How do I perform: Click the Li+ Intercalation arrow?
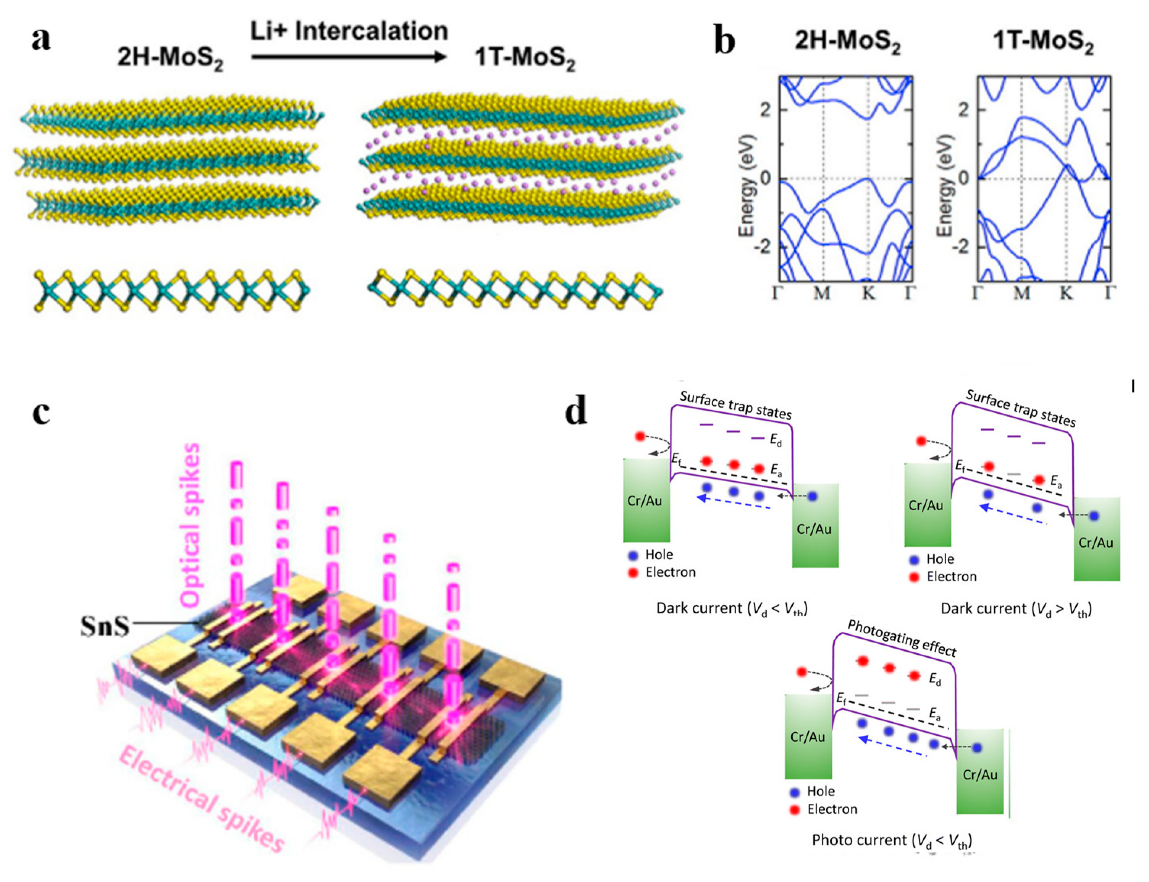[x=349, y=57]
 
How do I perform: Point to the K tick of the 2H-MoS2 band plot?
[x=869, y=293]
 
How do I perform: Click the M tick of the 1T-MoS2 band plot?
[x=1021, y=293]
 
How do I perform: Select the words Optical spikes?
[x=190, y=525]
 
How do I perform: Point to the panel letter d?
[x=575, y=411]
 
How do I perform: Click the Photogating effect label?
[x=902, y=638]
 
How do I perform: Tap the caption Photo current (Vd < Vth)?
[x=891, y=840]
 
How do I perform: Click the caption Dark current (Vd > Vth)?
[x=1016, y=609]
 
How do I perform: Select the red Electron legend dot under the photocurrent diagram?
[x=795, y=809]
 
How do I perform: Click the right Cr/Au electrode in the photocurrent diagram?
[x=979, y=774]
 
